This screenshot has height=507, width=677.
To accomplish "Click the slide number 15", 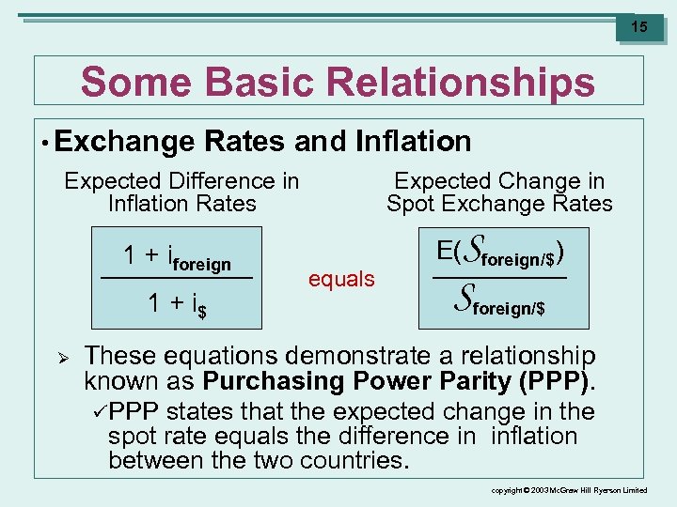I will point(638,27).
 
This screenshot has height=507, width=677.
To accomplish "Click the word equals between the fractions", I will point(341,279).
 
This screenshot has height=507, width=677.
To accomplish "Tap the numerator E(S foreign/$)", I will point(500,253).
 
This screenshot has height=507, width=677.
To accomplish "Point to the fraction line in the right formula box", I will point(500,279).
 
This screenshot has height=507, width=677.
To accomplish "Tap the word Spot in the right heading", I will point(411,204).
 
